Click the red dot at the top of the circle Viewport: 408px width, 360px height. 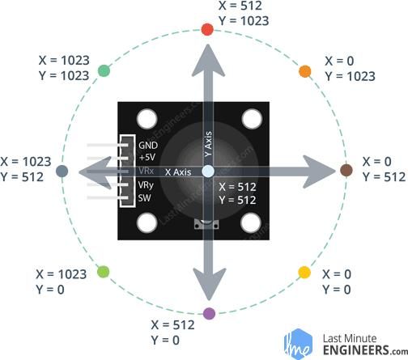pos(207,29)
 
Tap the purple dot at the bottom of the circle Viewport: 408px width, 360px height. pos(209,314)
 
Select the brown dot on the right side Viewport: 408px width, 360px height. pos(346,170)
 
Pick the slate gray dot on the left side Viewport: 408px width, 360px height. pos(62,172)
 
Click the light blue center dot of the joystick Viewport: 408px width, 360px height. pos(208,172)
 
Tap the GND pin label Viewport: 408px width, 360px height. pos(148,146)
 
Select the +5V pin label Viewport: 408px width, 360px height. pos(147,157)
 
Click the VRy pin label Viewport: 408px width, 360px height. pos(146,185)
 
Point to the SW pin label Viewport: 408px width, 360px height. pos(144,198)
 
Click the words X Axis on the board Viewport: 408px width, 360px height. pos(178,172)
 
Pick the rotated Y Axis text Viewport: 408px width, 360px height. pos(208,144)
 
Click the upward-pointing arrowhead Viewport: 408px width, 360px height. pos(208,61)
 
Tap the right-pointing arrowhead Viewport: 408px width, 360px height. pos(319,172)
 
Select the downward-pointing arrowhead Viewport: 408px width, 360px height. pos(210,284)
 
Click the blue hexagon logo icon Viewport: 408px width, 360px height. pos(299,344)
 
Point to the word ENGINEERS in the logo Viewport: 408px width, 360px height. pos(356,350)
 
